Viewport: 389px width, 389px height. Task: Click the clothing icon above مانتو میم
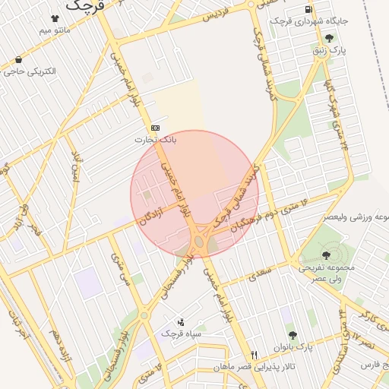[55, 18]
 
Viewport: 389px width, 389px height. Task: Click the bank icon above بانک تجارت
[156, 127]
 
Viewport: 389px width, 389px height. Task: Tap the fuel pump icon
[307, 8]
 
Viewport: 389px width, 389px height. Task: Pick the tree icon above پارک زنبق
[328, 37]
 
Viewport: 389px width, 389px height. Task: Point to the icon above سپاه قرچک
[181, 321]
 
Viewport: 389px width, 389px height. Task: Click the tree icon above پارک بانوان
[290, 334]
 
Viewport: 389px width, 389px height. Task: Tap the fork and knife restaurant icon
[255, 355]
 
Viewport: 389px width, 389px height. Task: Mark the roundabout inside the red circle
[199, 242]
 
